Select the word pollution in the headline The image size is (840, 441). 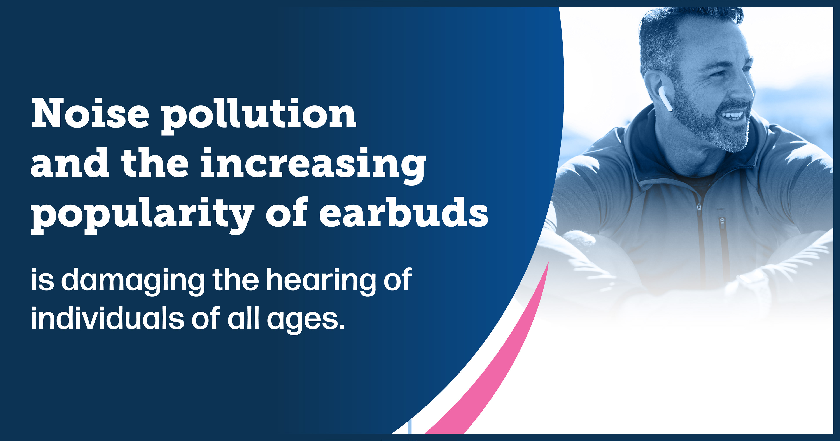pyautogui.click(x=259, y=116)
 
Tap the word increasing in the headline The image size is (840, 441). pyautogui.click(x=313, y=165)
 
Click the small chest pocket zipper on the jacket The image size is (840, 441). pyautogui.click(x=722, y=222)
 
